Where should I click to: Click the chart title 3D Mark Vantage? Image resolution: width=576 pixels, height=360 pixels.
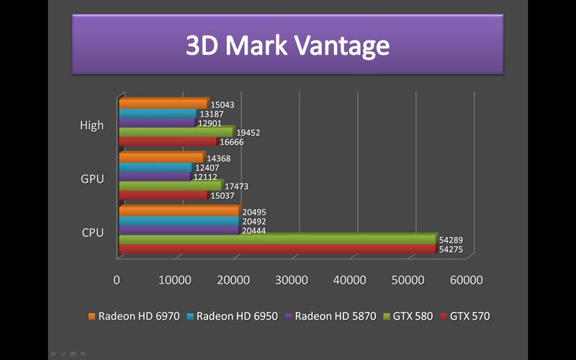point(287,45)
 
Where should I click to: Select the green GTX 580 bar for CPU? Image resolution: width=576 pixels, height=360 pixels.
point(277,239)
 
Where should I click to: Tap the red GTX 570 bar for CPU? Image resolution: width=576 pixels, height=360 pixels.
point(277,249)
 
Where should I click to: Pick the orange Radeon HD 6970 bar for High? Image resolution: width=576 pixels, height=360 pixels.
point(163,104)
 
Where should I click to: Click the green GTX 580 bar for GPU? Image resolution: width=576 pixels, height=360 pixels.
point(170,186)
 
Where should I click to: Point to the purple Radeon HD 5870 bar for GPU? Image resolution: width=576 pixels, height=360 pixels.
point(154,176)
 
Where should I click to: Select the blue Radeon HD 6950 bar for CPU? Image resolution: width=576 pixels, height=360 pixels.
point(178,221)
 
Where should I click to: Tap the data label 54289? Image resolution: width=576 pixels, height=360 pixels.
point(452,240)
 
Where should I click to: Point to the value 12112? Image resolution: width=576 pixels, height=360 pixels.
point(206,176)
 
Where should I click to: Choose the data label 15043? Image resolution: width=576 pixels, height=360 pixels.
point(222,105)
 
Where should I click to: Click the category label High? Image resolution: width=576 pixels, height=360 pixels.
point(91,125)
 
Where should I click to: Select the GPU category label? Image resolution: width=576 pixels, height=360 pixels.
point(92,179)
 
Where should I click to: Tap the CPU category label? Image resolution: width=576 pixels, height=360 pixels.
point(92,233)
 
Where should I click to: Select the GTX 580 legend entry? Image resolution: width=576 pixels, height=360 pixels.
point(411,316)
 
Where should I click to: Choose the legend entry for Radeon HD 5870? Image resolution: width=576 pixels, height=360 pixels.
point(334,316)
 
